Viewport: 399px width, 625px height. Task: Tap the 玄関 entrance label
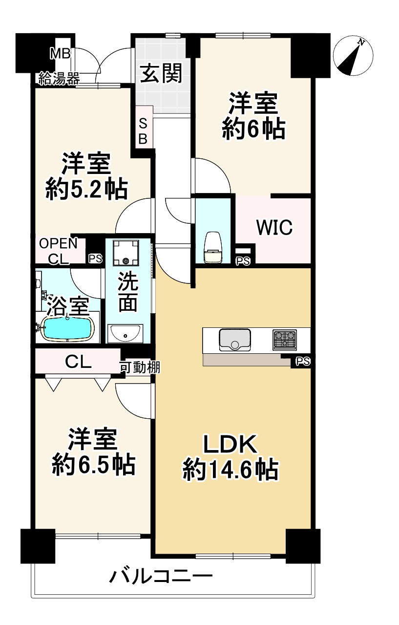[162, 73]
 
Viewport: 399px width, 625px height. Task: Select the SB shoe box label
[143, 131]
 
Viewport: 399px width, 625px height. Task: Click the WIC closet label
[274, 227]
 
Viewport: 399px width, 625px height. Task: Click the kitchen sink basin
[235, 339]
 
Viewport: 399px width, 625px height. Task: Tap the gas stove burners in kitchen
[285, 339]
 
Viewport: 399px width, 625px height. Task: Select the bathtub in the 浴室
[67, 328]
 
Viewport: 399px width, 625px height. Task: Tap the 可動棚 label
[140, 367]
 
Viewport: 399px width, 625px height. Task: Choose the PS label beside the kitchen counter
[303, 362]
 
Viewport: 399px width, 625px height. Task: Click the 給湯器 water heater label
[59, 78]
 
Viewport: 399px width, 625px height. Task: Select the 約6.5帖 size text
[93, 465]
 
